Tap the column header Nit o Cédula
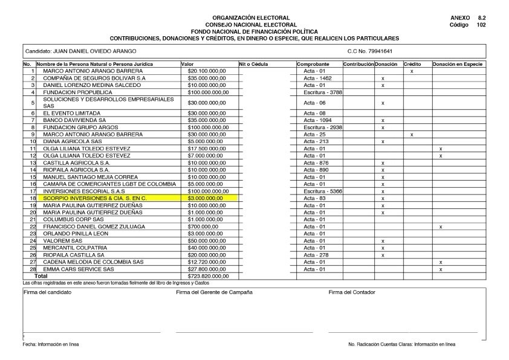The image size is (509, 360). pos(253,64)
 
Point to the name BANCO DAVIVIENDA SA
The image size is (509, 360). pos(71,120)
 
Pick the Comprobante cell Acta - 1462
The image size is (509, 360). pos(317,78)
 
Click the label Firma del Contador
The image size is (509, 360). pos(351,292)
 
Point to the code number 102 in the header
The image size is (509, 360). pos(481,25)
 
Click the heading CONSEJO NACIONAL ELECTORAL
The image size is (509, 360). pos(251,24)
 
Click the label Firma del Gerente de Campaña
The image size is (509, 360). pos(214,292)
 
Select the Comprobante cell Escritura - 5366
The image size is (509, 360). pos(319,191)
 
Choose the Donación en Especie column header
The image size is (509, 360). pos(458,64)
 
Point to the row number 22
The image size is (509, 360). pos(32,227)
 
